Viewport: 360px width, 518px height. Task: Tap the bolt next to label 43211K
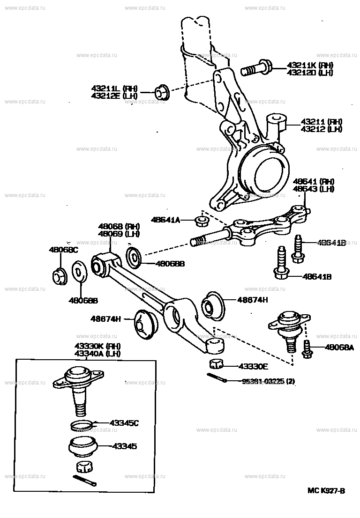pos(255,69)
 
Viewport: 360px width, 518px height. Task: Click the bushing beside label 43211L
pos(163,92)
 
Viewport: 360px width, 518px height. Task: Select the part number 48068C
pos(64,250)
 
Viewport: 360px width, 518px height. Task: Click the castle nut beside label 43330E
pos(217,364)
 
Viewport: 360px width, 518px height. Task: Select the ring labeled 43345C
pos(82,425)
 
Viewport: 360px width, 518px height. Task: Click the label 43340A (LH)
pos(97,354)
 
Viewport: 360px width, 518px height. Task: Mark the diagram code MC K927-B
pos(326,491)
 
